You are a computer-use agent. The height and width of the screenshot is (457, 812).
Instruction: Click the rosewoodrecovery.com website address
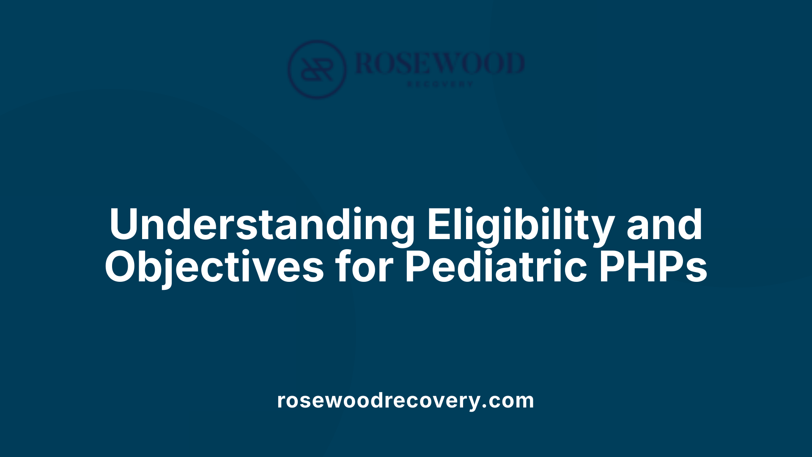click(406, 400)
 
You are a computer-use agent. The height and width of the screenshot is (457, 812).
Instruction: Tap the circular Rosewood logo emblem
click(317, 69)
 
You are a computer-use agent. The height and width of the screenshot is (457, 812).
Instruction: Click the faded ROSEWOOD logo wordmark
click(440, 63)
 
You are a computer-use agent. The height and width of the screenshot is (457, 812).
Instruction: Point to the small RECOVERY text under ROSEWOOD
click(440, 84)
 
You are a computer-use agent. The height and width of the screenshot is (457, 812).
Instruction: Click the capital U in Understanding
click(124, 224)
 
